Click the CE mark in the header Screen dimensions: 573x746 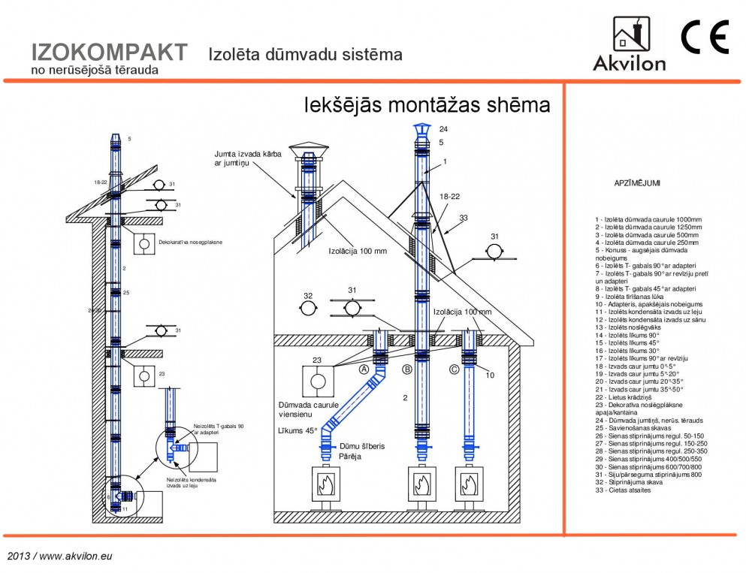coord(705,38)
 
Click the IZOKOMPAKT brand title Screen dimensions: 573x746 coord(110,53)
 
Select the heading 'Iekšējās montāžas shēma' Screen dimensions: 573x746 coord(426,105)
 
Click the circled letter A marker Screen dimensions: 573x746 coord(364,369)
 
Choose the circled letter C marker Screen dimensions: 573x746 coord(454,369)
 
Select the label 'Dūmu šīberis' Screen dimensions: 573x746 coord(363,445)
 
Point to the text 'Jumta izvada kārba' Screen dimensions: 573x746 coord(249,153)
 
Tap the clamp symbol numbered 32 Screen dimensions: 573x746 coord(307,309)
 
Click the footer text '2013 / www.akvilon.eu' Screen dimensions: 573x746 coord(60,556)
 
